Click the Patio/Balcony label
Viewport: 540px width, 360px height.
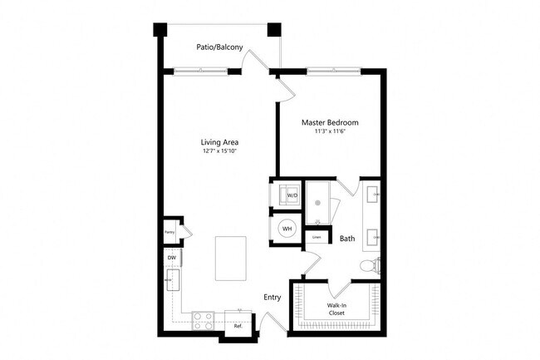coord(220,47)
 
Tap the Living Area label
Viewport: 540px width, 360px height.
coord(219,141)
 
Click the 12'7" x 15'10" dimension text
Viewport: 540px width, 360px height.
coord(219,151)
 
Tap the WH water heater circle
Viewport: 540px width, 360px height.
coord(287,229)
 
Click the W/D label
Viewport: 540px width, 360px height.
coord(292,196)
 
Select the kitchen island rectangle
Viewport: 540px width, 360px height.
coord(232,258)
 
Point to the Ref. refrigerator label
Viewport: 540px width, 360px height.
coord(237,326)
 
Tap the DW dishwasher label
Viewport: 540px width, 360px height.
coord(172,259)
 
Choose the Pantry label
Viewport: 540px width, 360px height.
coord(169,233)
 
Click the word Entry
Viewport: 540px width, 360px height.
coord(272,297)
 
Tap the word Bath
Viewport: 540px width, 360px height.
coord(347,239)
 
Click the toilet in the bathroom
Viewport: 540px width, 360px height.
coord(368,264)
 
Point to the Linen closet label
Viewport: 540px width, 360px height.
coord(317,238)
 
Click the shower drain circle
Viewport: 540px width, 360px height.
coord(318,202)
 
